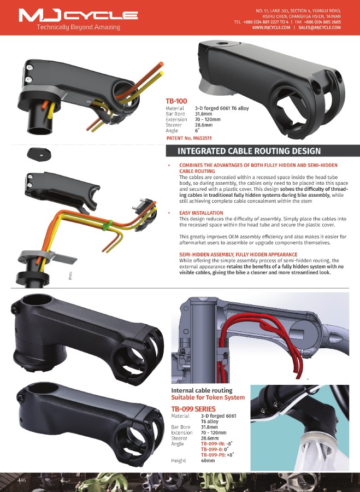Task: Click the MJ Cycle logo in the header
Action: [x=78, y=15]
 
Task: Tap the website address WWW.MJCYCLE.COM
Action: [x=272, y=28]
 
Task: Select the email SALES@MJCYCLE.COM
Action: [x=320, y=28]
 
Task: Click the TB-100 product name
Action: [x=176, y=101]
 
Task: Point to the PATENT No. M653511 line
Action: [x=189, y=138]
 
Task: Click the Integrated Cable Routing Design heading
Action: [x=249, y=151]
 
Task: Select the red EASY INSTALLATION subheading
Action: [x=201, y=213]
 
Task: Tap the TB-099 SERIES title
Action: [x=193, y=409]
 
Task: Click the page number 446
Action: [x=22, y=480]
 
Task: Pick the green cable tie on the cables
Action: [x=107, y=225]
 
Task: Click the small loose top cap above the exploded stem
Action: [x=39, y=154]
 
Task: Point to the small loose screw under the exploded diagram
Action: [x=70, y=275]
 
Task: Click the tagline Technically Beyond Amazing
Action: [x=79, y=27]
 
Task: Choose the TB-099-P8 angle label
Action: [x=213, y=455]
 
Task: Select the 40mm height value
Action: [x=208, y=461]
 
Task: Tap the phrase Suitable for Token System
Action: [x=208, y=397]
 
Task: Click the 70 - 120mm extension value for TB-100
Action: [x=208, y=120]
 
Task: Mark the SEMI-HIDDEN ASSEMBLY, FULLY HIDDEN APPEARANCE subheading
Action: [x=238, y=254]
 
